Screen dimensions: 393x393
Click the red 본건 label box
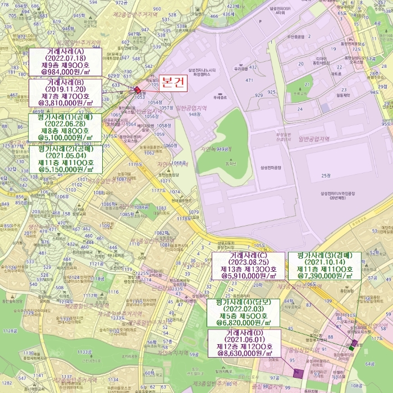[x=172, y=83]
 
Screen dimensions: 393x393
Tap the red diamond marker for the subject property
[x=138, y=89]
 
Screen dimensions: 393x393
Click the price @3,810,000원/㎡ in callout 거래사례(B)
[x=65, y=103]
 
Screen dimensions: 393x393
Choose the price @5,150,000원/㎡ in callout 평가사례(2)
[x=65, y=168]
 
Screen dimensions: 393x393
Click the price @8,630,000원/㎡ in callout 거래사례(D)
[x=245, y=354]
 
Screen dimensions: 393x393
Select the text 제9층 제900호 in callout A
[x=65, y=65]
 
